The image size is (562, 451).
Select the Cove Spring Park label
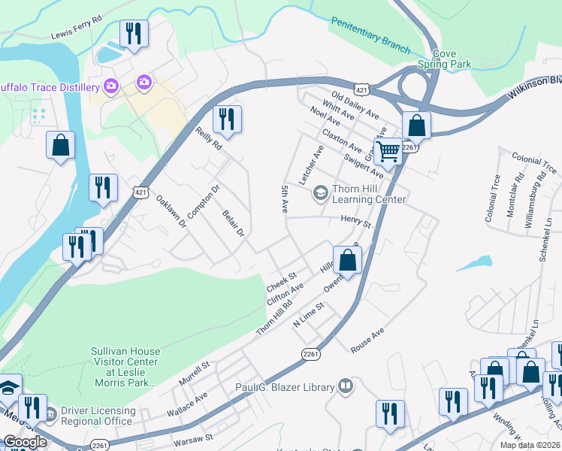click(x=451, y=59)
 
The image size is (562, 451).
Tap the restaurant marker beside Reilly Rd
click(x=227, y=119)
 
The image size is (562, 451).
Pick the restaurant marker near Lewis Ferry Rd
click(x=134, y=34)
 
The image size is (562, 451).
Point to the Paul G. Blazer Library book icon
click(x=345, y=387)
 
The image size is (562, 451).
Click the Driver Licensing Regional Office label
click(x=98, y=416)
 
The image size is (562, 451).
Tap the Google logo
click(x=24, y=442)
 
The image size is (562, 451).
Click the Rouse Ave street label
click(x=367, y=340)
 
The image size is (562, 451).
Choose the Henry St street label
click(x=356, y=221)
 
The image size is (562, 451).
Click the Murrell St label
click(x=194, y=374)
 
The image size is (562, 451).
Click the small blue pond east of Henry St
click(x=473, y=264)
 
